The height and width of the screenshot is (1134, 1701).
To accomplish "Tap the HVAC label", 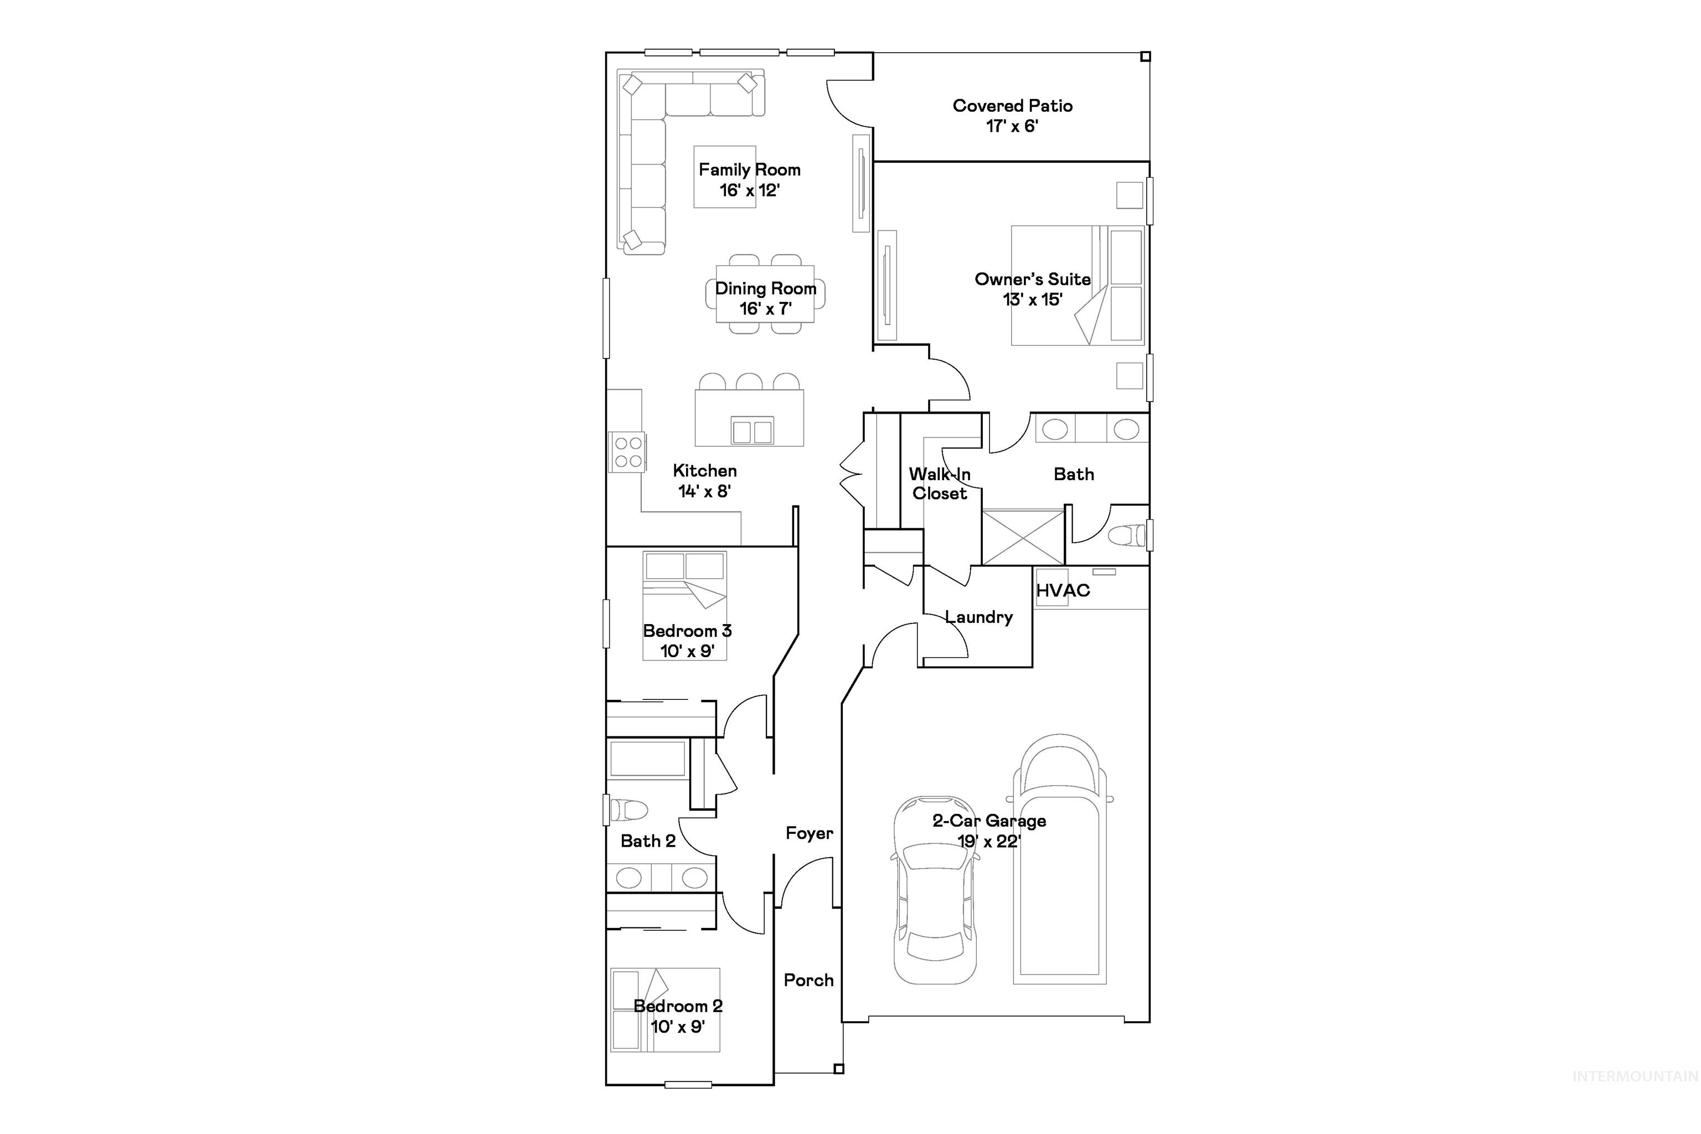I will point(1063,590).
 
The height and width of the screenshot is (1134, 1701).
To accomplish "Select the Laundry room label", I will point(978,617).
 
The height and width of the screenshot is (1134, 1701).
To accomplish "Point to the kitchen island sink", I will point(752,431).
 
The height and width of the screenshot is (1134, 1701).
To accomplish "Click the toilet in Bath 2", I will point(628,810).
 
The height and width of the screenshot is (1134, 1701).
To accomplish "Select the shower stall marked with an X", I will point(1023,537).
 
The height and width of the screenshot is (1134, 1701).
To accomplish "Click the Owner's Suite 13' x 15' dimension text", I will point(1032,300).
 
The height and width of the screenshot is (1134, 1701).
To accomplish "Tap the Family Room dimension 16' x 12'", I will point(749,190).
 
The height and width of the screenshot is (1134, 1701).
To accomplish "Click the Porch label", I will point(808,980).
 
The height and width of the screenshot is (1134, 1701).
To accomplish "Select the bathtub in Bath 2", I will point(647,759).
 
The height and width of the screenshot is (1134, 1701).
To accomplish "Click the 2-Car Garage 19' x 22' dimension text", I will point(988,841).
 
